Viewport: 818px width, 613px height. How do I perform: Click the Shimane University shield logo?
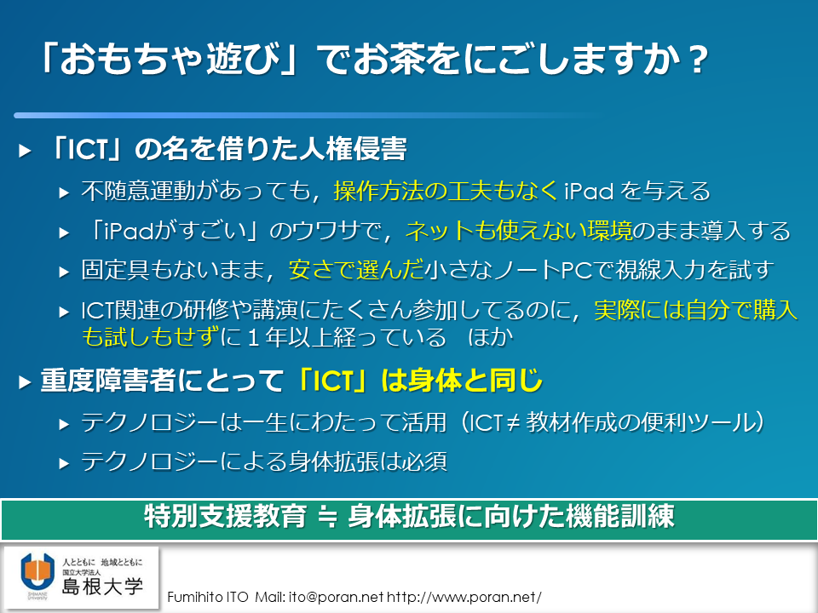[37, 572]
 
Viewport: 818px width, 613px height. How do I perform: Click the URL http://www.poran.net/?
[464, 597]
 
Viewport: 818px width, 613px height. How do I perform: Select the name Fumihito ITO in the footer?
[208, 597]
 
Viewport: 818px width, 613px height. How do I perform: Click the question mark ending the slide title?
[696, 60]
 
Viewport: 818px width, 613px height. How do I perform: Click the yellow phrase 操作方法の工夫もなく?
[446, 191]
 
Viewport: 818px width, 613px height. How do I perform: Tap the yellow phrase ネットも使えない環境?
[519, 231]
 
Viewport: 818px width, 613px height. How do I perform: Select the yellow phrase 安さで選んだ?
[356, 270]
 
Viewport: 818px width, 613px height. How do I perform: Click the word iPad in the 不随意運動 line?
[589, 191]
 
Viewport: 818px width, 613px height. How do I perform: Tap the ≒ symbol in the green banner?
[327, 517]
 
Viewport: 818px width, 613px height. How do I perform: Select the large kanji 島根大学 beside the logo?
[103, 587]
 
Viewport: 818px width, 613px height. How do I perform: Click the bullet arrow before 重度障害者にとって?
[25, 382]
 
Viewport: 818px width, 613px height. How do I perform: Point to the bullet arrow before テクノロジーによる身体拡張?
[64, 463]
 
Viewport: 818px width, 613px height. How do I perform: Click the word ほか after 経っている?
[491, 337]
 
